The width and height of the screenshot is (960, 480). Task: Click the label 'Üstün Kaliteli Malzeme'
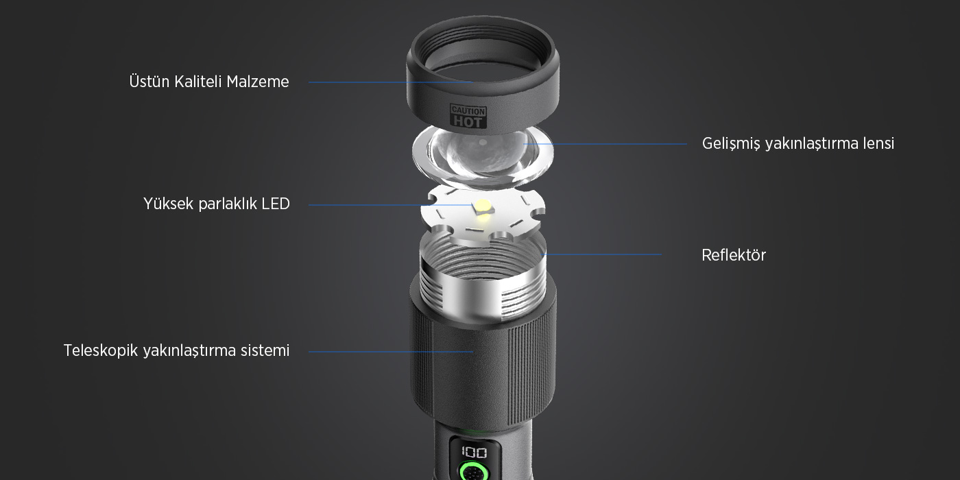209,82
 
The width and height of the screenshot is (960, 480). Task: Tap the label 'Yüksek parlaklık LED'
217,204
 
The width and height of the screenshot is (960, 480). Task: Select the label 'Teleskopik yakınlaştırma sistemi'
177,350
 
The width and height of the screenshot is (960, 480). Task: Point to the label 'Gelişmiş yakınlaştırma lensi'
798,143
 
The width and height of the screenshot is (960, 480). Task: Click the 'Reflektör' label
734,255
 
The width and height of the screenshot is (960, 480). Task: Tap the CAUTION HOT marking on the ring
468,116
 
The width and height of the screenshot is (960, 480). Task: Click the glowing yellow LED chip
483,208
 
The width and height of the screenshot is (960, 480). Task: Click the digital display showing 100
474,452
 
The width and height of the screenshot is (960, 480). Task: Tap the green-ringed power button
474,472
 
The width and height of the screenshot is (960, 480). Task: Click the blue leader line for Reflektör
602,254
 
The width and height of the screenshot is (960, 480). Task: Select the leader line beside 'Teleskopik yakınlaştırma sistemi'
391,352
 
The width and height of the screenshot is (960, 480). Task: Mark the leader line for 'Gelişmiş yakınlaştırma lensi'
605,144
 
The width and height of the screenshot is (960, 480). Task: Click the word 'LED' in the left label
276,204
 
